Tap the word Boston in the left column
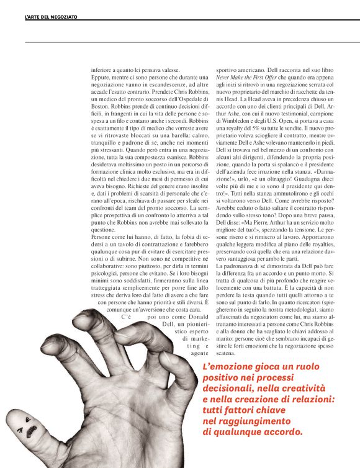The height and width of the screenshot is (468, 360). pyautogui.click(x=104, y=107)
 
